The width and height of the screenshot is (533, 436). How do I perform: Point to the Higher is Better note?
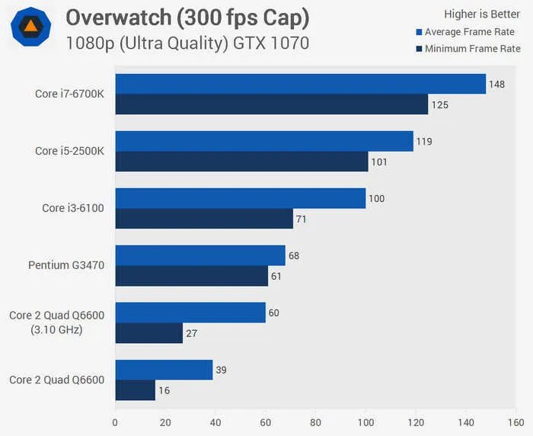point(482,14)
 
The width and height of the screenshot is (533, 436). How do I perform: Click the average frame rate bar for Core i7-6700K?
point(300,84)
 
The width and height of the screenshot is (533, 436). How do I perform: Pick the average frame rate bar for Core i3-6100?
point(240,198)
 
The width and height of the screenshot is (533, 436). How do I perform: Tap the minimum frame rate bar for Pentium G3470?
point(191,276)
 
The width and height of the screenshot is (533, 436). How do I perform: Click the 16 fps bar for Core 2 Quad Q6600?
point(135,390)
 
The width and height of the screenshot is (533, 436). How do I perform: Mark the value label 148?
point(498,84)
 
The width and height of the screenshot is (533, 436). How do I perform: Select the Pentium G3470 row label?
point(66,265)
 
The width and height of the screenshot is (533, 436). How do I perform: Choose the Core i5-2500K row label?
point(69,151)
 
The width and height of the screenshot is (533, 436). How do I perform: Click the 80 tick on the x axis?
point(315,422)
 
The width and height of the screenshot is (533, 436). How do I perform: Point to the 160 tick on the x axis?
point(516,422)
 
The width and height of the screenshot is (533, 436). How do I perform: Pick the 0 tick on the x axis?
point(115,422)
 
